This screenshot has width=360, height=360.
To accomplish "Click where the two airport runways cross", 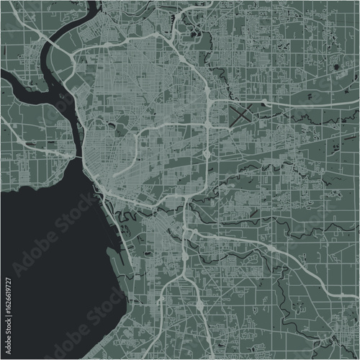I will pos(242,113).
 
